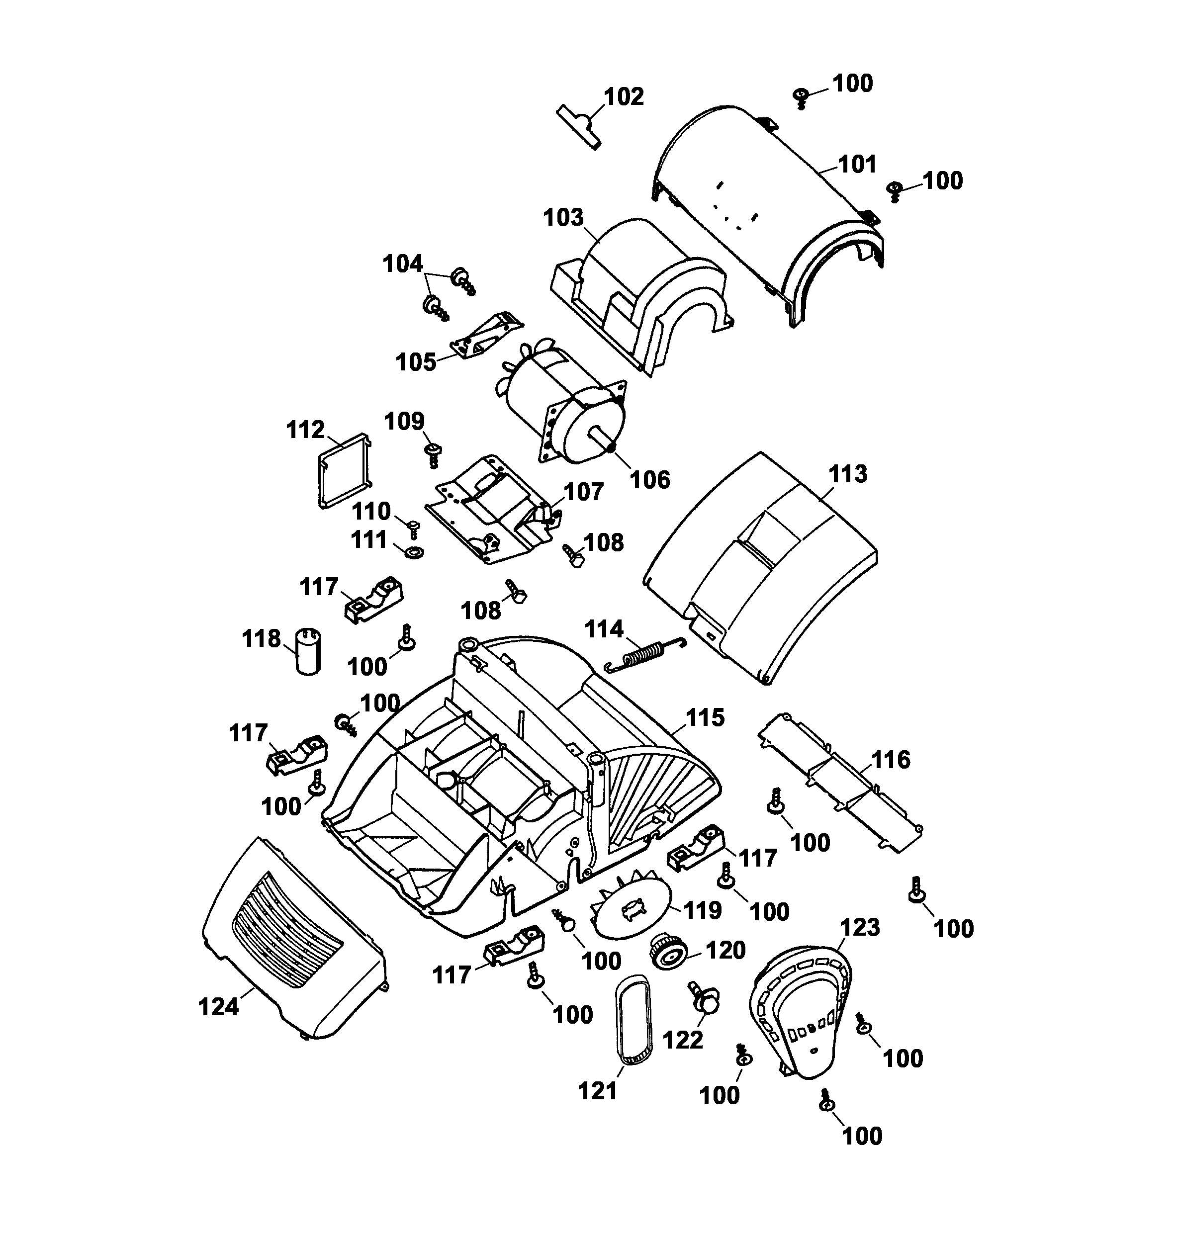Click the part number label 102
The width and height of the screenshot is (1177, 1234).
coord(624,97)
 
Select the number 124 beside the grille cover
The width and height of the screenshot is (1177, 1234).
coord(218,1007)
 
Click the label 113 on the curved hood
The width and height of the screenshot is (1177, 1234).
coord(848,474)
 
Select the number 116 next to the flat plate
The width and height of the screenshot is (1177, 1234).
coord(891,760)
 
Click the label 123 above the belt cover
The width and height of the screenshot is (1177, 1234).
coord(860,927)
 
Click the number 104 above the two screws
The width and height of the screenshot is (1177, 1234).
coord(403,264)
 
